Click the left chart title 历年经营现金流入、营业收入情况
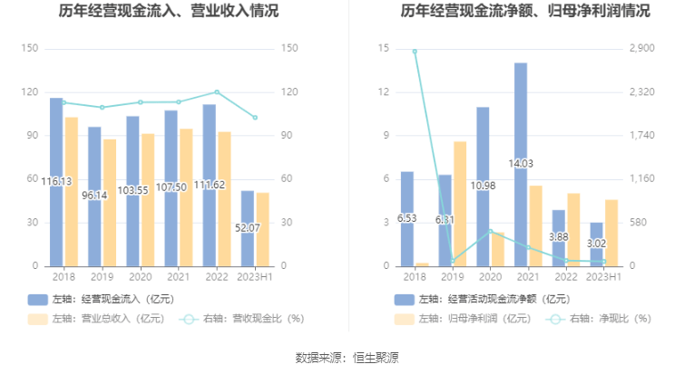click(169, 12)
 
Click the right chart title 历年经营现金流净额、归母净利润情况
click(514, 12)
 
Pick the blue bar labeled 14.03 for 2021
click(521, 163)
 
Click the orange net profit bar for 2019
click(460, 204)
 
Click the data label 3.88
click(559, 237)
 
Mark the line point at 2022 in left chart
click(216, 91)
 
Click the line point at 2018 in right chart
click(415, 52)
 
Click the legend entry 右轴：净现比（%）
click(600, 318)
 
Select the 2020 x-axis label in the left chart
click(140, 276)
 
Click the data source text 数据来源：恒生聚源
click(347, 357)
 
